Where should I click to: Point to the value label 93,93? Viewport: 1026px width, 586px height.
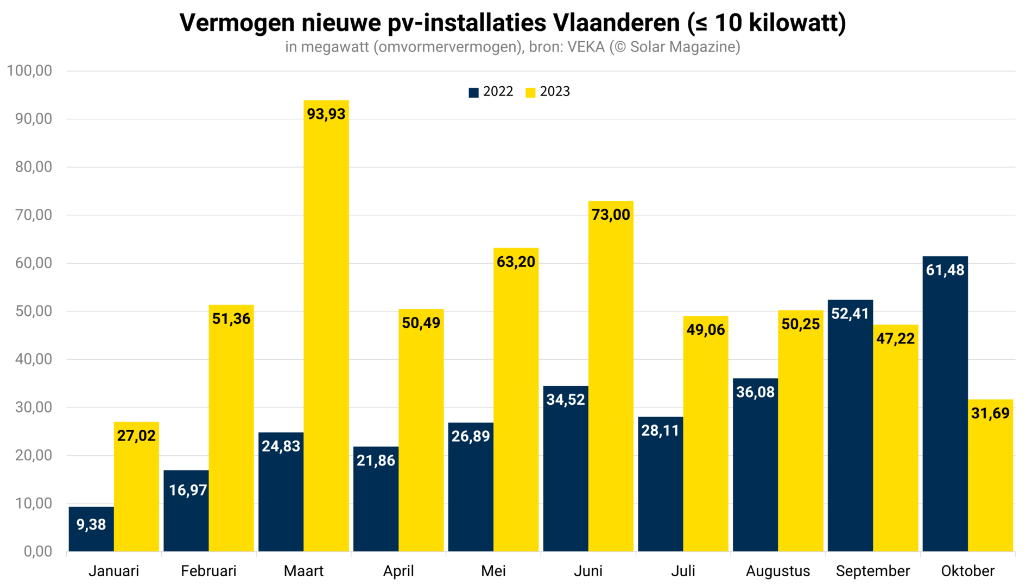326,114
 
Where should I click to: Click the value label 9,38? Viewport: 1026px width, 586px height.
91,525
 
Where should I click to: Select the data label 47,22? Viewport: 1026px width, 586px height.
895,339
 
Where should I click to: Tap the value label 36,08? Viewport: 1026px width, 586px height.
755,392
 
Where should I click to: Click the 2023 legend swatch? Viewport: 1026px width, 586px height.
530,92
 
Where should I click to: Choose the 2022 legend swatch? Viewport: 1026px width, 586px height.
473,92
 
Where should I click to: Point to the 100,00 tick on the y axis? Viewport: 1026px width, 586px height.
29,71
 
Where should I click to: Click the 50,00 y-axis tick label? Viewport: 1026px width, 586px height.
34,311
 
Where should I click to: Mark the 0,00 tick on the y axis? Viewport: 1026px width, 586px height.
38,551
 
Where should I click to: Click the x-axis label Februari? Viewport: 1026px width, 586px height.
208,571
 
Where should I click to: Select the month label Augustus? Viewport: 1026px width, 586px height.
777,571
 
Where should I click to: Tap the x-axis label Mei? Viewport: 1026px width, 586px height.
493,571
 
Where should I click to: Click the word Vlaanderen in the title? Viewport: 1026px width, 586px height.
616,23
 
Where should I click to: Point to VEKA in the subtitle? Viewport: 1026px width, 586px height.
586,47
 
